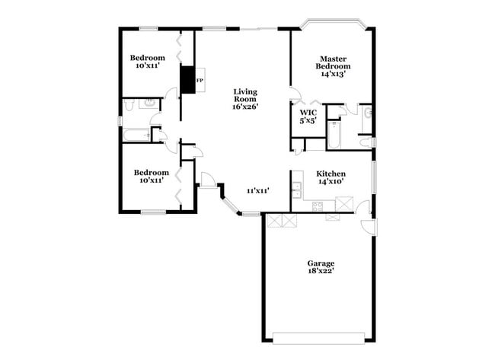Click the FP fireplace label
point(200,79)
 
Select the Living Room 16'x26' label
point(246,100)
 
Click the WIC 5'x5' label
point(308,116)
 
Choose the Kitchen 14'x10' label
point(331,177)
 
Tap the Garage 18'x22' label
point(321,267)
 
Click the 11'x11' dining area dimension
point(257,190)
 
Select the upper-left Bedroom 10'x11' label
point(147,62)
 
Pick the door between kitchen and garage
point(366,208)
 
